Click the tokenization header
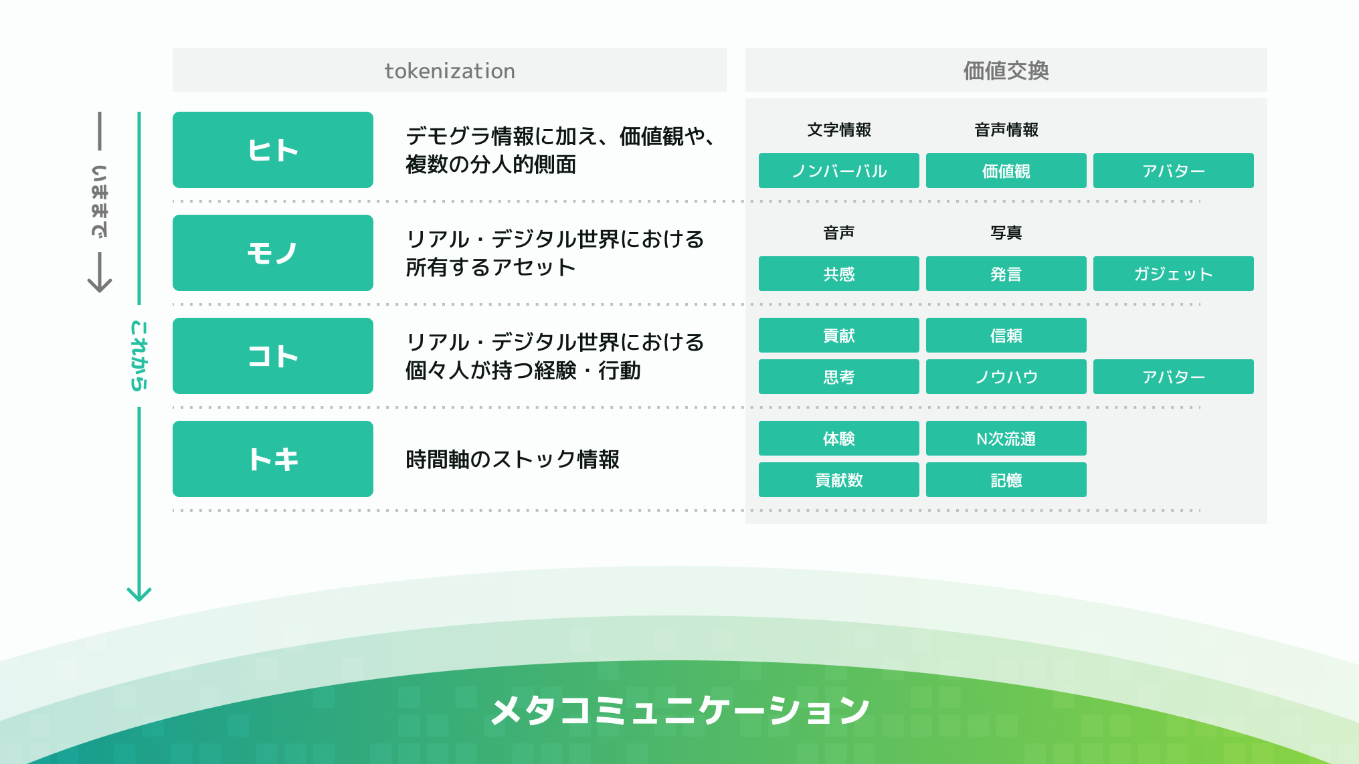coord(449,70)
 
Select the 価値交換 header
coord(1006,70)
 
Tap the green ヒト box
coord(272,150)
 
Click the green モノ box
coord(272,253)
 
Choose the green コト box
coord(272,356)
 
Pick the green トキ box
coord(272,459)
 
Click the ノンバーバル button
coord(838,171)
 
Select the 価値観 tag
coord(1006,171)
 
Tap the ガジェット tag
coord(1173,274)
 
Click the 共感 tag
coord(838,274)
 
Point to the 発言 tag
coord(1006,274)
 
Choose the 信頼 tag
coord(1006,335)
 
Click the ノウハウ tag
coord(1006,377)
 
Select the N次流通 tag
coord(1006,438)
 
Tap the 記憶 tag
coord(1006,480)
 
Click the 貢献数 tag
coord(838,480)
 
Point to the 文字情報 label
coord(838,130)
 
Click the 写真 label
coord(1006,233)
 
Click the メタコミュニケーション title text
coord(679,710)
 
